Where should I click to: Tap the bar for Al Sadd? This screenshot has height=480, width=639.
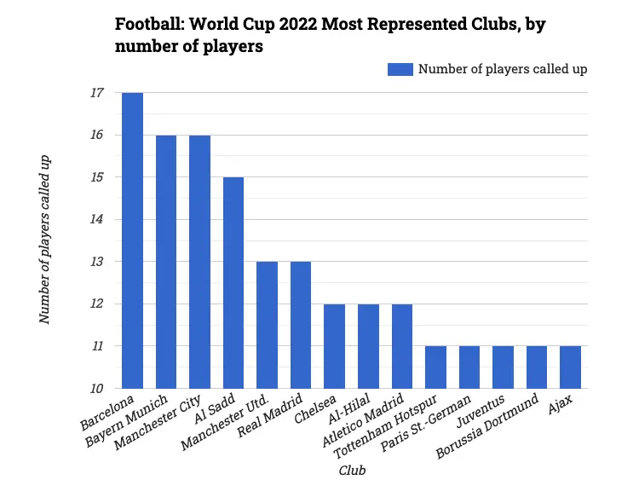tap(233, 282)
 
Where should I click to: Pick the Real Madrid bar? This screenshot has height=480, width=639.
tap(301, 325)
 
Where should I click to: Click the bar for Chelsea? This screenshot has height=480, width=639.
tap(334, 345)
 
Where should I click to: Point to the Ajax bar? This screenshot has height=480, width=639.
tap(570, 367)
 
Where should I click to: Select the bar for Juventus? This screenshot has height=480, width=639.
tap(503, 367)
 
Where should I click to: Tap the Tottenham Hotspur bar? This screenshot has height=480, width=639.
tap(435, 367)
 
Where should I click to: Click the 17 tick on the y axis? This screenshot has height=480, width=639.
tap(96, 93)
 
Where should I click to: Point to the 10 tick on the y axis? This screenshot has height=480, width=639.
tap(96, 389)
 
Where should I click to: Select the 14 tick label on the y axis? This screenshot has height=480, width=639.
tap(96, 220)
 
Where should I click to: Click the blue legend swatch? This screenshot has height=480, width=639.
tap(400, 70)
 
